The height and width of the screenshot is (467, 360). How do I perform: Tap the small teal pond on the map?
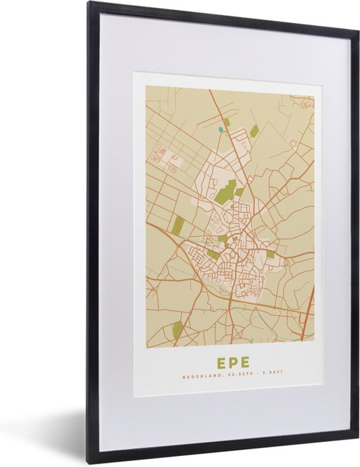[221, 130]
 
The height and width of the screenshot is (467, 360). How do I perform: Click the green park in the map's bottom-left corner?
[177, 329]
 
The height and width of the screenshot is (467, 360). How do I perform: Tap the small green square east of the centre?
[270, 254]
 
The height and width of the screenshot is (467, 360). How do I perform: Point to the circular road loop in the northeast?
[294, 143]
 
